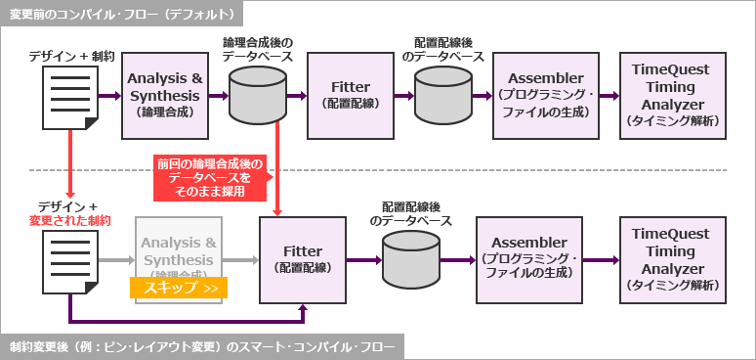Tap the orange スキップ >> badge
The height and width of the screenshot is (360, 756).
[179, 288]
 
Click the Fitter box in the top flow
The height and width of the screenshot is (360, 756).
[350, 95]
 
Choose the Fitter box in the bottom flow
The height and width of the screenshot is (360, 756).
[303, 259]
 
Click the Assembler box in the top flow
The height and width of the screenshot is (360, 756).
[538, 95]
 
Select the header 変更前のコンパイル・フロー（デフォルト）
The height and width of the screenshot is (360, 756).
[121, 14]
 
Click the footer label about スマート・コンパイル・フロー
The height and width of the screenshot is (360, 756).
[201, 347]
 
